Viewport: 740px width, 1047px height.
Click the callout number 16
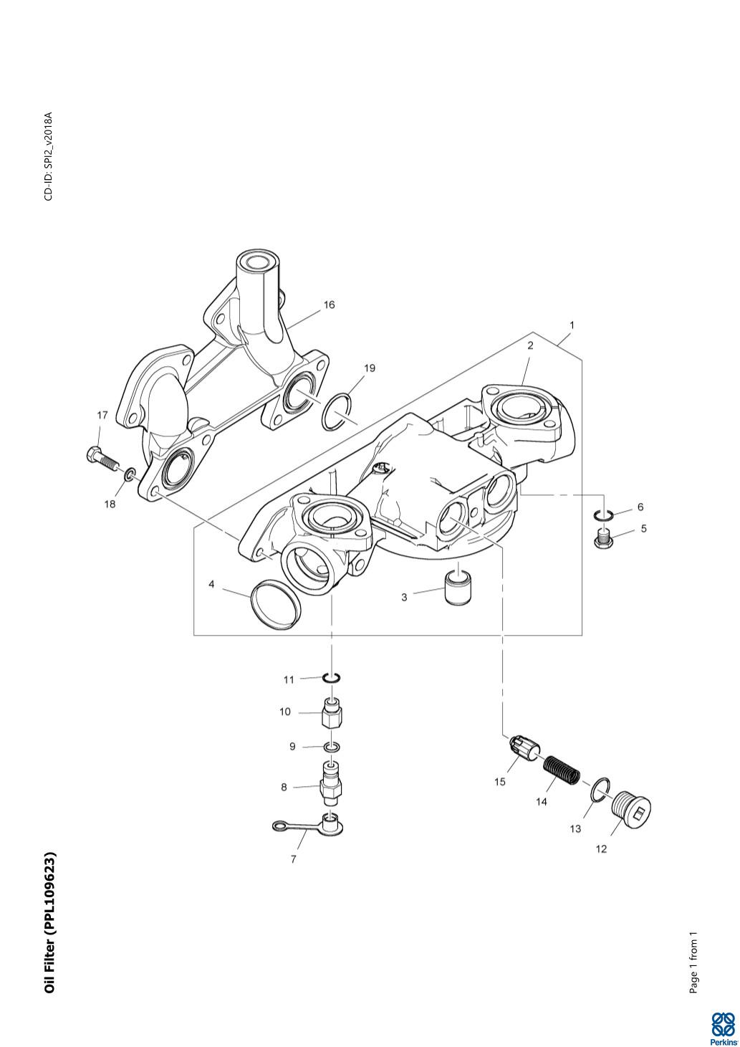[x=329, y=305]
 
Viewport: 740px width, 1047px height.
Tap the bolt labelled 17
[x=101, y=456]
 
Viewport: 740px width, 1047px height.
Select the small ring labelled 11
[x=331, y=677]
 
